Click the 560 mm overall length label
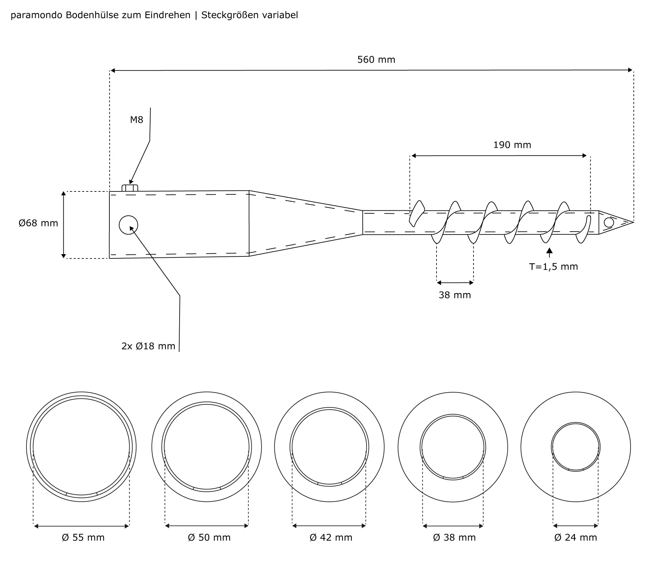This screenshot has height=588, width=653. [376, 60]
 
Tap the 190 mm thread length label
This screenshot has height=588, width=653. [512, 145]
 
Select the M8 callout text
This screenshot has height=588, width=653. [136, 120]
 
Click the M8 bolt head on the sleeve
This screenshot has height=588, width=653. [130, 188]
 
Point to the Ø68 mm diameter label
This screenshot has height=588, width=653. [38, 223]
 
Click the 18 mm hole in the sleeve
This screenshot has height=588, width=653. [128, 225]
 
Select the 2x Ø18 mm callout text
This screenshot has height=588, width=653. [148, 346]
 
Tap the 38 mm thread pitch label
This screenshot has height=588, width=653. [454, 295]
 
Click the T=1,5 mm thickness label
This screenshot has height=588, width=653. [553, 267]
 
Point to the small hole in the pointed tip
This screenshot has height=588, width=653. [609, 222]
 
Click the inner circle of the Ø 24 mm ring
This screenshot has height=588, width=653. [576, 447]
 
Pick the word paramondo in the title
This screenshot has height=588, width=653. [37, 15]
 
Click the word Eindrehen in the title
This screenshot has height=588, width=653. [167, 15]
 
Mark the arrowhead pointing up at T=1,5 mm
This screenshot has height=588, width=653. [549, 251]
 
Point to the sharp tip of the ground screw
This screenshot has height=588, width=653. [633, 222]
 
